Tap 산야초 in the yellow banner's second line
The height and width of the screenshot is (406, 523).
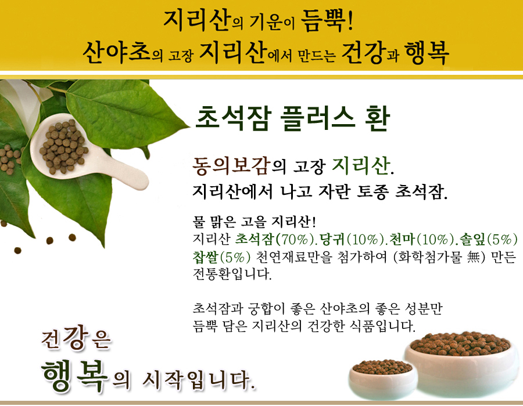pos(116,52)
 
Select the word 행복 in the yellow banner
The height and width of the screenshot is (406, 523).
pos(427,52)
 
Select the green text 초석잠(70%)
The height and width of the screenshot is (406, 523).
pos(275,239)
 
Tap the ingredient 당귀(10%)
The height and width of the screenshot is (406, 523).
pos(350,239)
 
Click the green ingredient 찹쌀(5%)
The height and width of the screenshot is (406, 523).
pos(221,256)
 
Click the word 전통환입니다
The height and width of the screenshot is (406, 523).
pos(232,274)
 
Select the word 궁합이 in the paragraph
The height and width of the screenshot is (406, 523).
pos(266,309)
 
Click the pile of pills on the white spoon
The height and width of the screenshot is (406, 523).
pos(63,146)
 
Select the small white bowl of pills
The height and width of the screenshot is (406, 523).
pos(382,378)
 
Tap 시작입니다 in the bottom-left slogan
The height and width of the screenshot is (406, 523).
pos(199,380)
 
